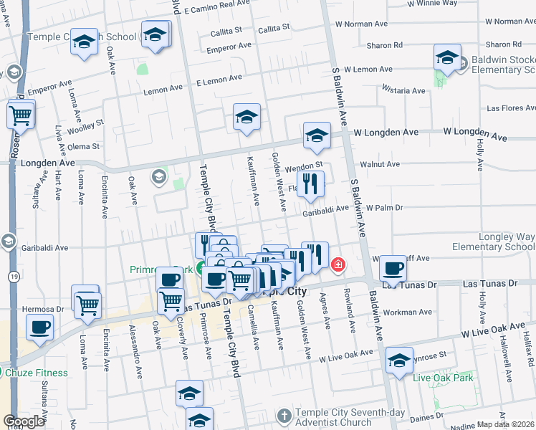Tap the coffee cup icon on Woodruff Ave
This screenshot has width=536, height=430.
[393, 269]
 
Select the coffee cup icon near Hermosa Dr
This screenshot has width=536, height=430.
[39, 328]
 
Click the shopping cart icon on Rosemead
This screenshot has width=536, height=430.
[21, 114]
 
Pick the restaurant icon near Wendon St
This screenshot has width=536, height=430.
[310, 184]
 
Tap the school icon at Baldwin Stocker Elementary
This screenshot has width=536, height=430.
[447, 58]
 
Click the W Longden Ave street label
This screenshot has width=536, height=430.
[475, 133]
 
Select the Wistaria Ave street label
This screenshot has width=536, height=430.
[404, 91]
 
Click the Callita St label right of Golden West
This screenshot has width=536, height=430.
[274, 28]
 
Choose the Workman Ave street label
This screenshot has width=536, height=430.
[408, 312]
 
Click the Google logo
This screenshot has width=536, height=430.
[24, 421]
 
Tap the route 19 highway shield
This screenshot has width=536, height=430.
[14, 275]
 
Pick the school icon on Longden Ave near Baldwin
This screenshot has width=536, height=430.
[317, 135]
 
